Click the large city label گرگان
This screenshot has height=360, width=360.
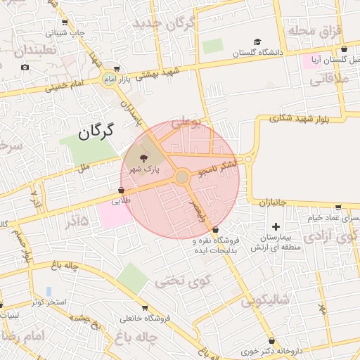click(97, 132)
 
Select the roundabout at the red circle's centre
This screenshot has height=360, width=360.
click(182, 177)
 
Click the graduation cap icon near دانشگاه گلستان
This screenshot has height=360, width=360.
click(257, 42)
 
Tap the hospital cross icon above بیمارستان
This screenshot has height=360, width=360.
click(276, 227)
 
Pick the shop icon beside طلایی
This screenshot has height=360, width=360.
click(121, 190)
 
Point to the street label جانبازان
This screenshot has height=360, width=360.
click(267, 202)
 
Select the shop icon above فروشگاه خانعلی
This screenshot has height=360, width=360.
click(145, 308)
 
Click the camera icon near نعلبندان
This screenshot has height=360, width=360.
click(25, 67)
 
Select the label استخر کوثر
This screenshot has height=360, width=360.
click(49, 302)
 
